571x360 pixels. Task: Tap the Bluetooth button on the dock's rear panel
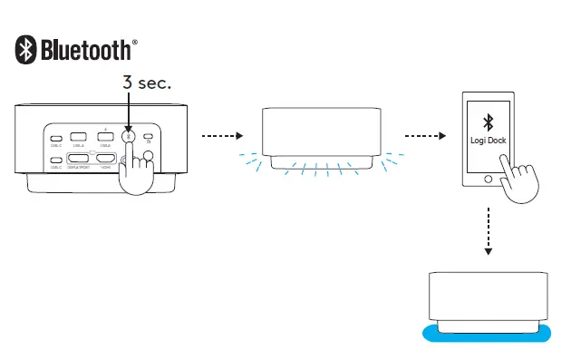pyautogui.click(x=129, y=138)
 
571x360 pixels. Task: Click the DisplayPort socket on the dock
pyautogui.click(x=80, y=160)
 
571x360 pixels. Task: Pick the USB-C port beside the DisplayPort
pyautogui.click(x=56, y=161)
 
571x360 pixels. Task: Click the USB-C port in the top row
pyautogui.click(x=56, y=138)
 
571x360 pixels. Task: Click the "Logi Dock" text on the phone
pyautogui.click(x=487, y=141)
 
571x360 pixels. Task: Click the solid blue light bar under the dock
pyautogui.click(x=487, y=333)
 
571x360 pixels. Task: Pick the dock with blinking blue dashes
pyautogui.click(x=321, y=136)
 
